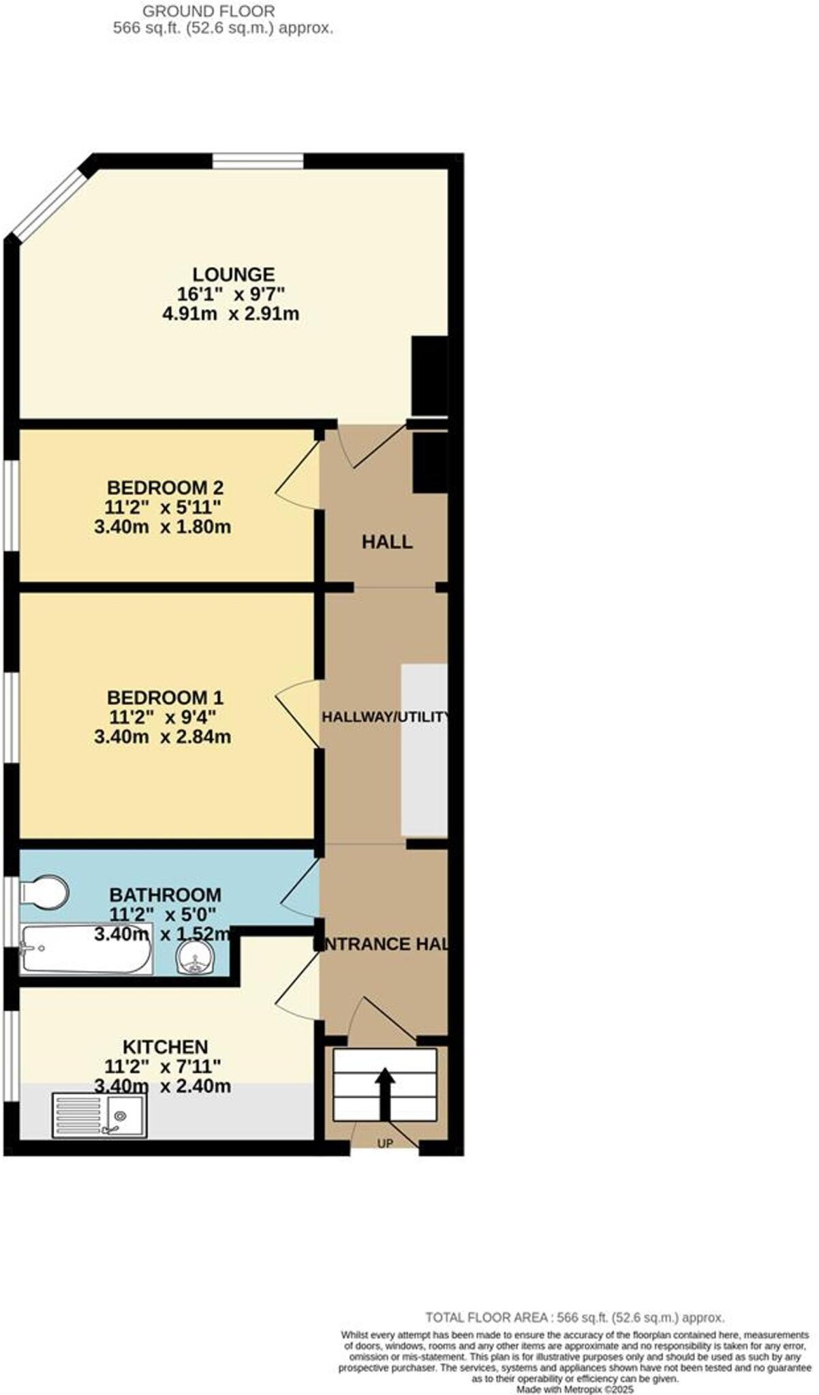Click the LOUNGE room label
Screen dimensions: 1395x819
pos(233,275)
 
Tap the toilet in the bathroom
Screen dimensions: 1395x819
pos(45,892)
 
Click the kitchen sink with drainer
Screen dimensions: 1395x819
pos(99,1116)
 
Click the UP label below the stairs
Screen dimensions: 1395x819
pos(385,1144)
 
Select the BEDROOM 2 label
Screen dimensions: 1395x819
pos(165,488)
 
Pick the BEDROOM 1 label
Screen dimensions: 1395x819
pos(165,697)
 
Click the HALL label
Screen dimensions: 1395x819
pos(387,542)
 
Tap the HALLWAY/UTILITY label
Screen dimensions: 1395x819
pos(386,717)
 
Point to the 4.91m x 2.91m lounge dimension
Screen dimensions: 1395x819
pos(230,314)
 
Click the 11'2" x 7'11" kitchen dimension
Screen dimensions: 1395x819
pos(162,1066)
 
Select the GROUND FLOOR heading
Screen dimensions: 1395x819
pos(208,11)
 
